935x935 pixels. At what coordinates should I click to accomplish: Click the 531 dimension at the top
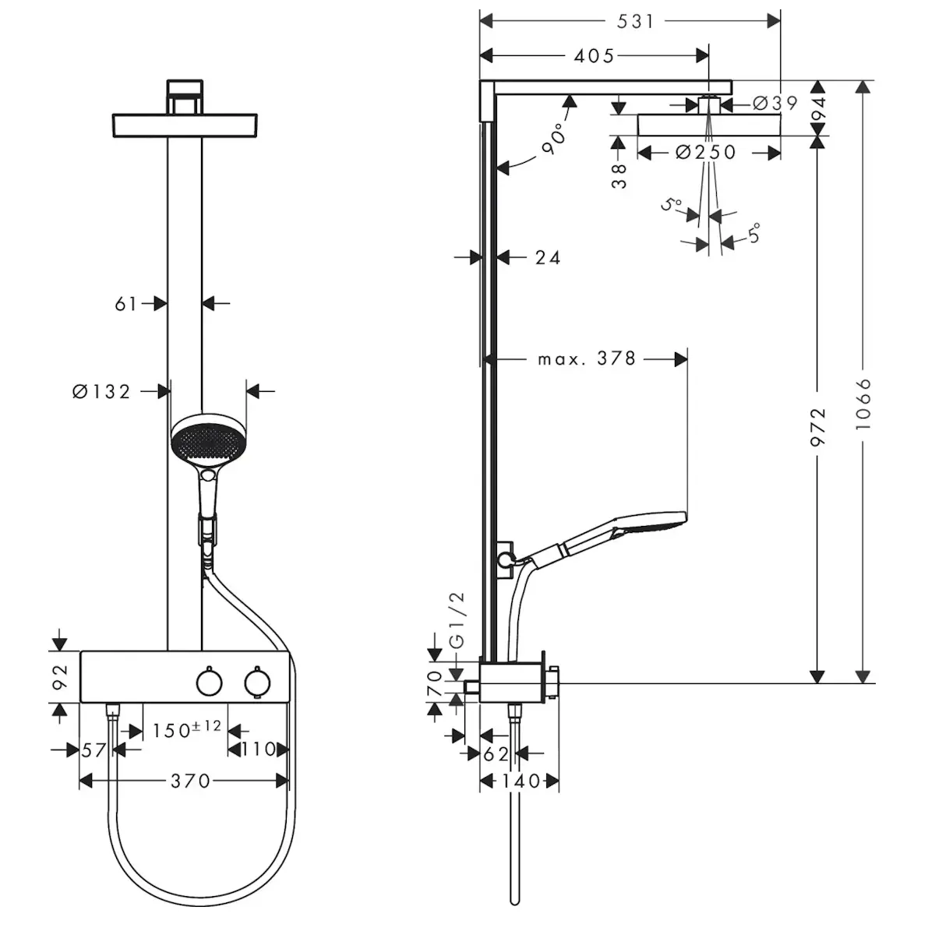point(635,21)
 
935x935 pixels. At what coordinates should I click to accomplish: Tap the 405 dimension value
point(594,56)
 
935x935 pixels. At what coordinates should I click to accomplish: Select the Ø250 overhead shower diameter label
point(705,153)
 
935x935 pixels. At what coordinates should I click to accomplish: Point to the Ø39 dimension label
point(774,103)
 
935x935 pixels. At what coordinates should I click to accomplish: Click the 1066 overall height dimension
point(863,404)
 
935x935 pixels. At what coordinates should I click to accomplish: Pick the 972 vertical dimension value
point(818,426)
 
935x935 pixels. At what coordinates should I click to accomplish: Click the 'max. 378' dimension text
point(586,359)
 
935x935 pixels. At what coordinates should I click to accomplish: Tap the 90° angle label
point(554,139)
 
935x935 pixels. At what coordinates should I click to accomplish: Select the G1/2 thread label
point(457,620)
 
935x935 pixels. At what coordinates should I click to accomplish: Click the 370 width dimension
point(190,782)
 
